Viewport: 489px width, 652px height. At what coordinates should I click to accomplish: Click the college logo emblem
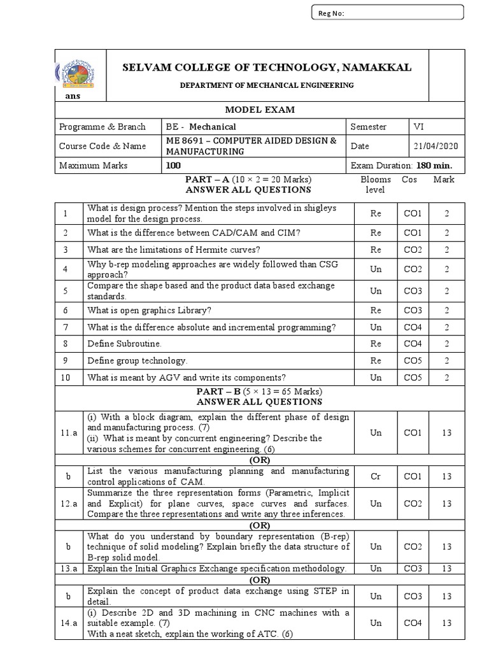(76, 73)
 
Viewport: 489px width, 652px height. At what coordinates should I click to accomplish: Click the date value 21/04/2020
(436, 146)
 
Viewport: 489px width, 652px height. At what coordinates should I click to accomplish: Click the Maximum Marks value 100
(173, 166)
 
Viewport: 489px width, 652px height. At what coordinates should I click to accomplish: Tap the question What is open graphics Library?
(150, 310)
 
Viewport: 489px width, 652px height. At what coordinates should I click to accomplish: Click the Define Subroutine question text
(125, 344)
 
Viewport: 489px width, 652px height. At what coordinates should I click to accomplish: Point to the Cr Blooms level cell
(376, 476)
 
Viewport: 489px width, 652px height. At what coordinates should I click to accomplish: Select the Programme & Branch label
(102, 127)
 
